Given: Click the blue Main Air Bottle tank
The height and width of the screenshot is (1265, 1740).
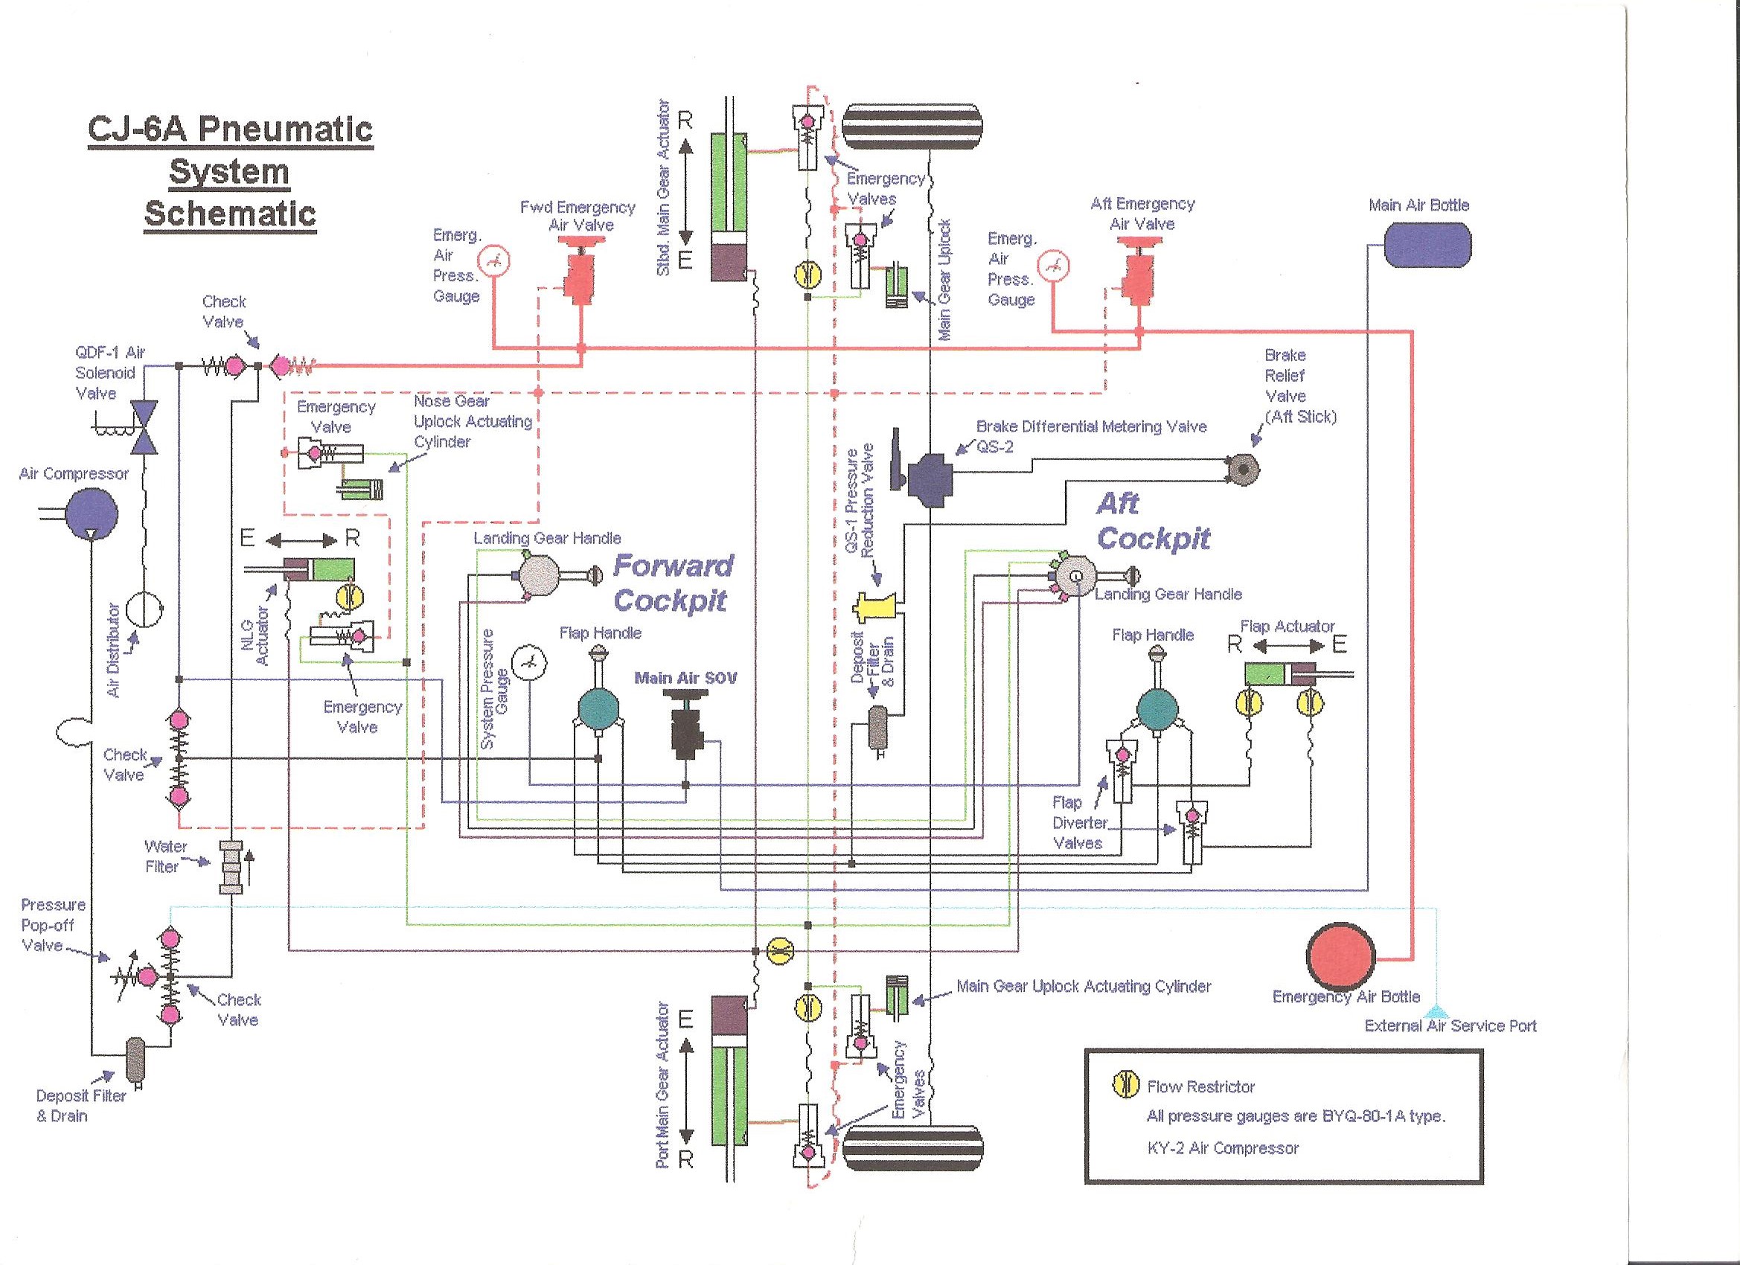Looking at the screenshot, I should tap(1426, 245).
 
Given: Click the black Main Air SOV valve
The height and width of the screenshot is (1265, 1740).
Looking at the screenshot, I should tap(685, 728).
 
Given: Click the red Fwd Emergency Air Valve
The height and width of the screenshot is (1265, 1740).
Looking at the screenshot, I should tap(579, 276).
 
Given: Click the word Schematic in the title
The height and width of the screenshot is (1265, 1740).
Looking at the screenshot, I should tap(230, 213).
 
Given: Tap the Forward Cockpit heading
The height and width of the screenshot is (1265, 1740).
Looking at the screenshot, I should tap(672, 583).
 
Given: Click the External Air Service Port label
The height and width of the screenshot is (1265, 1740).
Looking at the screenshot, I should tap(1450, 1025).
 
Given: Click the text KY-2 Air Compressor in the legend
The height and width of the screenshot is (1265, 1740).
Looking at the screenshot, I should tap(1222, 1148).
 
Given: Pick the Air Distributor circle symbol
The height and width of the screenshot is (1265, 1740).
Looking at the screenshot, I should tap(144, 611).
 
